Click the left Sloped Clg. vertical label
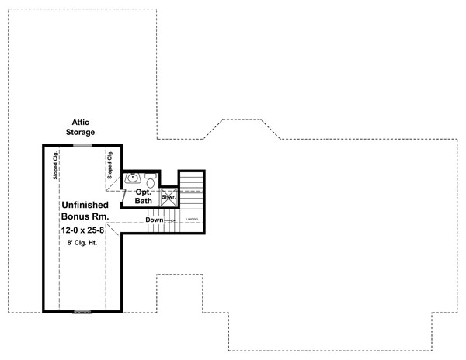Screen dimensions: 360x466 click(56, 165)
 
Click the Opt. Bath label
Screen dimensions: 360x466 click(144, 196)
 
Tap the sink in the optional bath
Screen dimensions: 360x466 click(133, 178)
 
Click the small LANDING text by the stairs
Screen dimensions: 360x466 click(191, 220)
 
